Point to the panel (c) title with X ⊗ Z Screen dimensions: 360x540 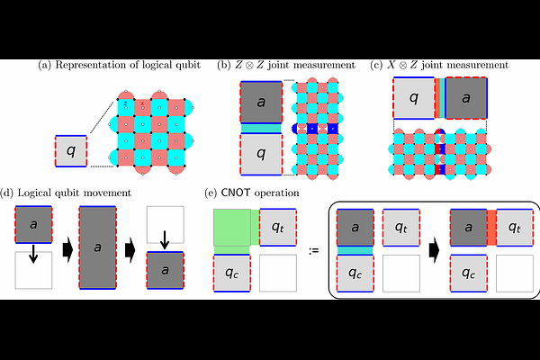[x=440, y=65]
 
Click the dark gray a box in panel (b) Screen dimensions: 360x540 [x=261, y=103]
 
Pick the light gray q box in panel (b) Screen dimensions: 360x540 [x=261, y=154]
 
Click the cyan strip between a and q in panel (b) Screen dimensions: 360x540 [x=261, y=129]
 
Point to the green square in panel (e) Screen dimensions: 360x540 [x=232, y=228]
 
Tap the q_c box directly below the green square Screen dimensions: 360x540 [x=232, y=273]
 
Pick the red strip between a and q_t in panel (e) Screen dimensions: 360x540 [x=492, y=228]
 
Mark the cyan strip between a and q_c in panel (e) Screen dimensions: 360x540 [x=355, y=250]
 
